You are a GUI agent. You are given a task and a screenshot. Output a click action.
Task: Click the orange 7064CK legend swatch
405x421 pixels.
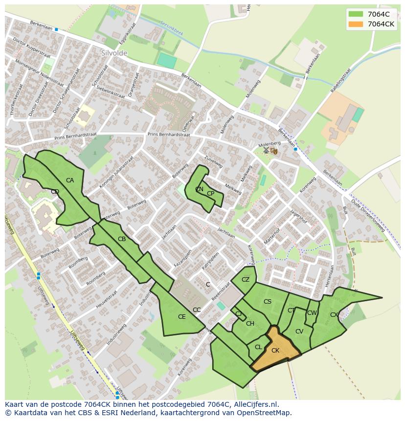[356, 24]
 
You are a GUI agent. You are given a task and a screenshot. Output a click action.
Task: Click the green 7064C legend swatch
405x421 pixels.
[356, 14]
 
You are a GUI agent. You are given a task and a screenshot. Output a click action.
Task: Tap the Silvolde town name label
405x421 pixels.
[114, 53]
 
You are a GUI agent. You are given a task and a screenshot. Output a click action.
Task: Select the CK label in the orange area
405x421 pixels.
[275, 351]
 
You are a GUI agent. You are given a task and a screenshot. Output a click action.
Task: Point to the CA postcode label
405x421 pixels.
[70, 180]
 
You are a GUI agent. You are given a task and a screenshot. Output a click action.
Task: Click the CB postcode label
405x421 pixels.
[122, 239]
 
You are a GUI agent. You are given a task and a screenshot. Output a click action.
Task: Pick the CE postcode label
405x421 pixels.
[181, 317]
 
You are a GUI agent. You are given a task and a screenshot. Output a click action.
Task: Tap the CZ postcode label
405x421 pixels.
[246, 280]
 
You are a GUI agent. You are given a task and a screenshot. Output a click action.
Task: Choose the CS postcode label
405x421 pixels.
[267, 302]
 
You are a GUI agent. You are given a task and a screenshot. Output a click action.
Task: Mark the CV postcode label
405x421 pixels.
[299, 332]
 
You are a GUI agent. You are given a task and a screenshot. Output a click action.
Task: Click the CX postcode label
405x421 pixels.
[334, 315]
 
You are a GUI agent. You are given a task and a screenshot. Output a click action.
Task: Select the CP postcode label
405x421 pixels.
[210, 194]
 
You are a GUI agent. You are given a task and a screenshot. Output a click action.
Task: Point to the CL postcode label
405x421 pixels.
[258, 347]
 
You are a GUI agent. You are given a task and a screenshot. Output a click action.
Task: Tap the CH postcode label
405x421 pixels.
[250, 324]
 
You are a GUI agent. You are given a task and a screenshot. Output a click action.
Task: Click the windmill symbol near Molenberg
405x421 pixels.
[266, 150]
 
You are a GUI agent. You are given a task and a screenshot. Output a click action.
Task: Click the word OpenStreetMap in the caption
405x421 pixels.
[267, 413]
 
